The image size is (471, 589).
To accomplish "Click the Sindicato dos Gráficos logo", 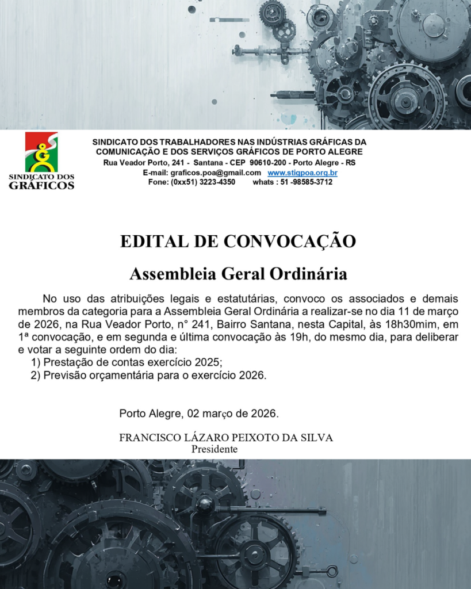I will click(x=41, y=160).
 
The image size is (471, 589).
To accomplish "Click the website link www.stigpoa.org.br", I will click(x=302, y=173).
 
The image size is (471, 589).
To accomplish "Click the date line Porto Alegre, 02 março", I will click(x=198, y=414).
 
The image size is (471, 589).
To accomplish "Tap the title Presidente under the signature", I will click(x=214, y=449).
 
